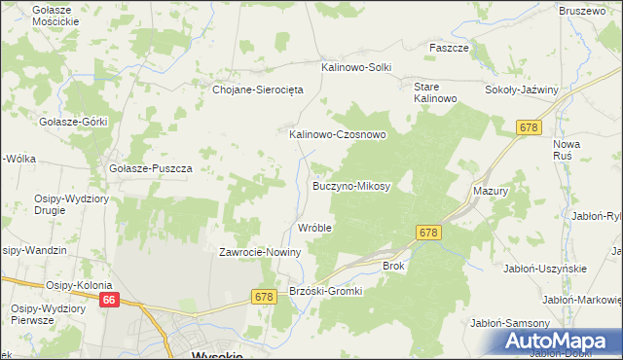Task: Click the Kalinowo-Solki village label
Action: tap(356, 68)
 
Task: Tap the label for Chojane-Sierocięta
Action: tap(259, 90)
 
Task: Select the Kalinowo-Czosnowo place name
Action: tap(338, 135)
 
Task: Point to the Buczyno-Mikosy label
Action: tap(350, 185)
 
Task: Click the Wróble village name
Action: tap(314, 228)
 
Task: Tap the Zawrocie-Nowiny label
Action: tap(260, 252)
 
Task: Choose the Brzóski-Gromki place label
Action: tap(326, 291)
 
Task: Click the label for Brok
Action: tap(393, 265)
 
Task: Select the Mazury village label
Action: tap(491, 192)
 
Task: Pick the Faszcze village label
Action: tap(450, 47)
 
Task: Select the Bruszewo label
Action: tap(581, 10)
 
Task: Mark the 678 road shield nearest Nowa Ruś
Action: tap(529, 127)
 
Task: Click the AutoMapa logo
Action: tap(562, 342)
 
